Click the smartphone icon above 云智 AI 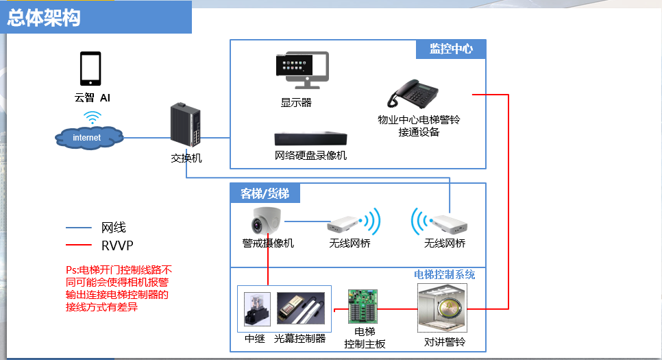(90, 69)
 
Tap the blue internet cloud (88, 137)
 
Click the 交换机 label (186, 158)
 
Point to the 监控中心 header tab (451, 49)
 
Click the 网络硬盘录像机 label (310, 156)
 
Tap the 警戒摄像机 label (268, 243)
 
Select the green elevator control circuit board (363, 307)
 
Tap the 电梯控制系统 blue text (445, 275)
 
